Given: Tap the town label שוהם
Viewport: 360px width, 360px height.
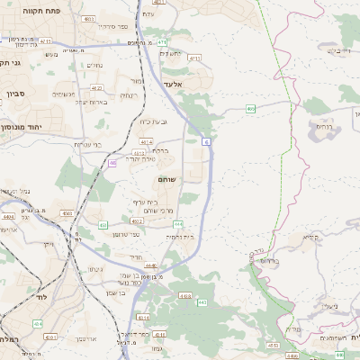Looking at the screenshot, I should click(166, 179).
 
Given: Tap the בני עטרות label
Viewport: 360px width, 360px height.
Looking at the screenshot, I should click(90, 144).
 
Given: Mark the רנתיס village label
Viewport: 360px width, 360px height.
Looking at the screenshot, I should click(323, 127).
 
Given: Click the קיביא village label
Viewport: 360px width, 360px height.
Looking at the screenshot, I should click(311, 238).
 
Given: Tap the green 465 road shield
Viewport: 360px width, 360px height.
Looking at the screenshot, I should click(251, 109).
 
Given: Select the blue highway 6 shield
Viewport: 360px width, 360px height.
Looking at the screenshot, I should click(207, 141).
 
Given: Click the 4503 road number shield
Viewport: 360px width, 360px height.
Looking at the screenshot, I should click(67, 213).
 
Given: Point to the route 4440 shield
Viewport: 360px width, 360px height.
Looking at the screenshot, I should click(150, 265).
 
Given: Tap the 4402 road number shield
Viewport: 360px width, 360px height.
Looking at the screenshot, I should click(137, 220).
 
